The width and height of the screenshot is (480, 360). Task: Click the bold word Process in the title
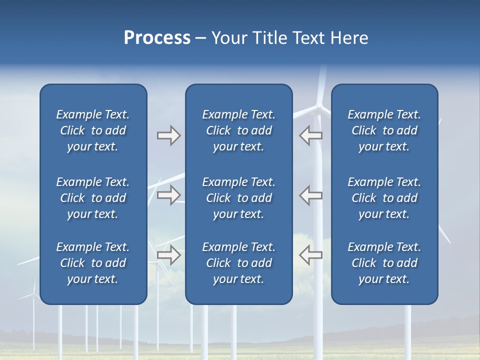point(157,38)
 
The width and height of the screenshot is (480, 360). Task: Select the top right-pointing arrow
point(168,135)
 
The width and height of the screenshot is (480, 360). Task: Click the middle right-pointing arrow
point(168,195)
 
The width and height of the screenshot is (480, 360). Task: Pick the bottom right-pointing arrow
point(168,255)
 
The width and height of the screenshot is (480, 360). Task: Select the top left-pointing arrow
point(310,135)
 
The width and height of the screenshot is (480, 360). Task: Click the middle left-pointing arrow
point(310,195)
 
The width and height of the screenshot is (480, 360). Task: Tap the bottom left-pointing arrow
point(310,255)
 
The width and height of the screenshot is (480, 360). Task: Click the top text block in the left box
point(93,130)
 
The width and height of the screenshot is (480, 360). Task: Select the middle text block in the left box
point(93,198)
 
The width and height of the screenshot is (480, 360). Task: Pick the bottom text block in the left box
point(93,263)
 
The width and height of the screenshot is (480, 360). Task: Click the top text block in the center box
point(239,130)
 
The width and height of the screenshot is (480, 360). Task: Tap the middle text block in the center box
point(239,198)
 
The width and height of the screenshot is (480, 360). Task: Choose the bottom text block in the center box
point(239,263)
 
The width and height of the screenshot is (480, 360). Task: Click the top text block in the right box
point(384,130)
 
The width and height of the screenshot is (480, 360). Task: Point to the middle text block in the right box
point(384,198)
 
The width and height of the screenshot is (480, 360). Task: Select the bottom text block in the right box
point(384,263)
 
